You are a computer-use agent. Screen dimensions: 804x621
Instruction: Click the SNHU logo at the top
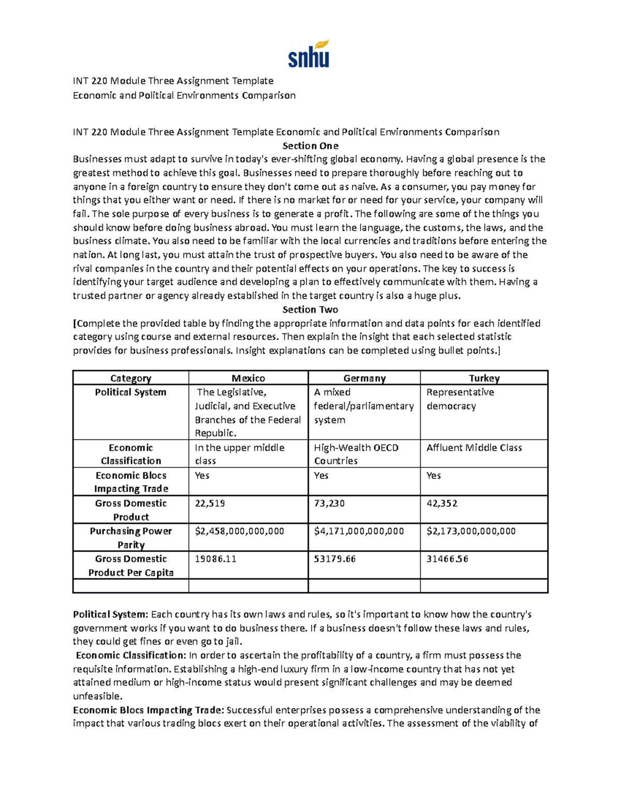pyautogui.click(x=309, y=54)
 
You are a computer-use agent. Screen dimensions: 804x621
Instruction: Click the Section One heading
pyautogui.click(x=310, y=145)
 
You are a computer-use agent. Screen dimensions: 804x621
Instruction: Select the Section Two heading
pyautogui.click(x=310, y=310)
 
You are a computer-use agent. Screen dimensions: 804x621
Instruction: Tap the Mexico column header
pyautogui.click(x=248, y=378)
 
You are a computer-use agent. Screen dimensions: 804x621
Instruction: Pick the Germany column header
pyautogui.click(x=364, y=378)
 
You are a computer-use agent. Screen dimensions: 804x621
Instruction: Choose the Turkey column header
pyautogui.click(x=484, y=378)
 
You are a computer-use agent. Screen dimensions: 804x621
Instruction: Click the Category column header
pyautogui.click(x=130, y=378)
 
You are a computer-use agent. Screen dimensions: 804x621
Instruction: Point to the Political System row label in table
pyautogui.click(x=130, y=392)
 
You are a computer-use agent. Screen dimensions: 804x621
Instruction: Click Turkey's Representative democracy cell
pyautogui.click(x=460, y=399)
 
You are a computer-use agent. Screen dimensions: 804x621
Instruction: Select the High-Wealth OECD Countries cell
pyautogui.click(x=356, y=454)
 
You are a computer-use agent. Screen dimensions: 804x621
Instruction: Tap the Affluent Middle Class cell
pyautogui.click(x=474, y=448)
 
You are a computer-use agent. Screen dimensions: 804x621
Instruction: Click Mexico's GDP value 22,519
pyautogui.click(x=210, y=503)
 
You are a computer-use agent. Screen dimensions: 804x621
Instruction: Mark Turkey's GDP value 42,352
pyautogui.click(x=441, y=503)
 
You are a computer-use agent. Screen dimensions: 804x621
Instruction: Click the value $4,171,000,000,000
pyautogui.click(x=359, y=531)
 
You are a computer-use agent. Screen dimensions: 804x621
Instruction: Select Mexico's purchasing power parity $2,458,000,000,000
pyautogui.click(x=239, y=531)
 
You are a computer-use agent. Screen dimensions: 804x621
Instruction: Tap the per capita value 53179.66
pyautogui.click(x=334, y=559)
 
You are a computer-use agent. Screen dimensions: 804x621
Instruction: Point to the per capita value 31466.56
pyautogui.click(x=447, y=559)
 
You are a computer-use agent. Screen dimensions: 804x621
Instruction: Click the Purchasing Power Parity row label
pyautogui.click(x=130, y=537)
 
